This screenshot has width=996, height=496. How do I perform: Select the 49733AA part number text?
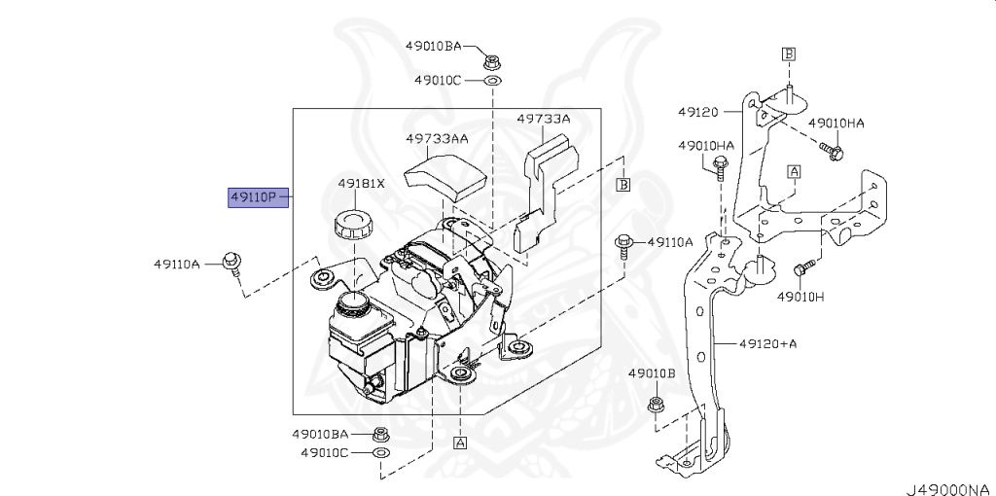[x=437, y=139]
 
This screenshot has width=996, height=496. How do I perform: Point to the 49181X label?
[x=362, y=183]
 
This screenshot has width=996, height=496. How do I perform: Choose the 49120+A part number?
[x=768, y=343]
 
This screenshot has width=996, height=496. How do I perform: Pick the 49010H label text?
[x=800, y=296]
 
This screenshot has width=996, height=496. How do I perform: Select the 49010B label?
[x=652, y=373]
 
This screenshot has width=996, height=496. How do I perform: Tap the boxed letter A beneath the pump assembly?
[x=459, y=443]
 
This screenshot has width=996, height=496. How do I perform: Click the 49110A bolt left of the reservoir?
[x=232, y=261]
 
